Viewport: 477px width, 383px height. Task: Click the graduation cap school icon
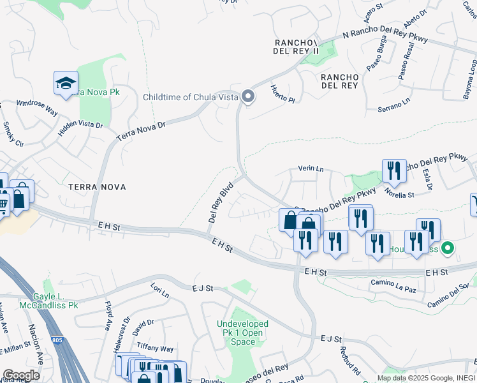[x=66, y=84]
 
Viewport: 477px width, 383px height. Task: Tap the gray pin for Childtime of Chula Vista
[x=249, y=97]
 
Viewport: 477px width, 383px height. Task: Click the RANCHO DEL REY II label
[x=296, y=47]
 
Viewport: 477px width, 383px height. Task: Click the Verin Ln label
[x=311, y=169]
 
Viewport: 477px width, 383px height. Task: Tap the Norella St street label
[x=400, y=194]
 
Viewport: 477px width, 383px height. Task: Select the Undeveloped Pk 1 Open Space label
[x=242, y=333]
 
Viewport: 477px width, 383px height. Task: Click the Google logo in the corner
[x=21, y=375]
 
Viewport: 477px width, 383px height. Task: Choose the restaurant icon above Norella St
[x=394, y=171]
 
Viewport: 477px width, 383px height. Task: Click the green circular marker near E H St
[x=448, y=248]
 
